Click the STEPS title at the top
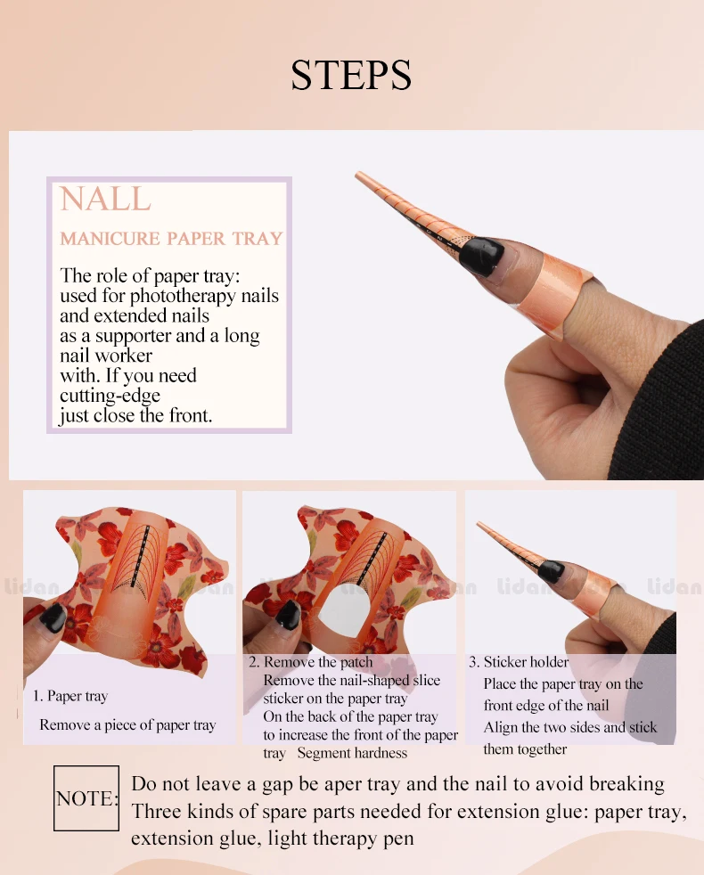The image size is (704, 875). point(351,75)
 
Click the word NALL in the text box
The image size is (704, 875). point(105,199)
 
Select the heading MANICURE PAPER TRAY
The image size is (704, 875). point(171,238)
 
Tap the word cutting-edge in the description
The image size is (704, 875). point(110,396)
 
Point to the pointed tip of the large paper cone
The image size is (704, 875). point(356,174)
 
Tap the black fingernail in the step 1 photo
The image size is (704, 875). point(53,617)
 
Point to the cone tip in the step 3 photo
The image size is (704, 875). point(478,523)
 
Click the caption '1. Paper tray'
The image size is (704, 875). point(70,696)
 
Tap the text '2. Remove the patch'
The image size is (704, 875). point(311,662)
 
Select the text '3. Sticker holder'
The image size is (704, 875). point(519,662)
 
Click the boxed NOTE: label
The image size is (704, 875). point(86,798)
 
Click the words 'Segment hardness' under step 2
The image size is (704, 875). point(352,753)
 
